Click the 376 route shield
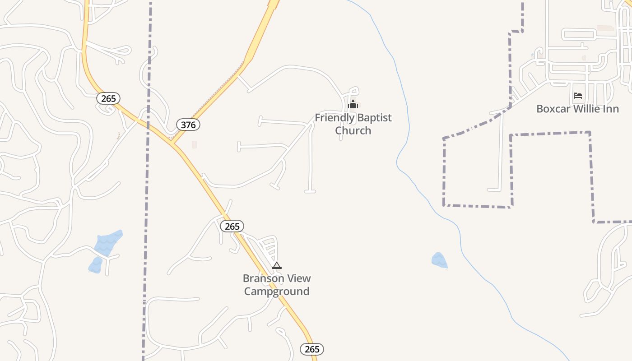tap(188, 125)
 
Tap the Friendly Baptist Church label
tap(353, 124)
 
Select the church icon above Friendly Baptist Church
tap(353, 106)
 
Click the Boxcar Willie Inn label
tap(577, 109)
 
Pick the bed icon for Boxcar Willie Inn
tap(577, 96)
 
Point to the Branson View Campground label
tap(277, 285)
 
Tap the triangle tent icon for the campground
tap(277, 265)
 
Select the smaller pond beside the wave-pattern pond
tap(95, 265)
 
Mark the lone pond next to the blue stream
tap(439, 260)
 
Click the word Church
tap(353, 130)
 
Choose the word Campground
tap(277, 292)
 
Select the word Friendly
tap(334, 118)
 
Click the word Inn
tap(611, 109)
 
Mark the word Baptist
tap(374, 118)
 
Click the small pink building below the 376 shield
tap(195, 144)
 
